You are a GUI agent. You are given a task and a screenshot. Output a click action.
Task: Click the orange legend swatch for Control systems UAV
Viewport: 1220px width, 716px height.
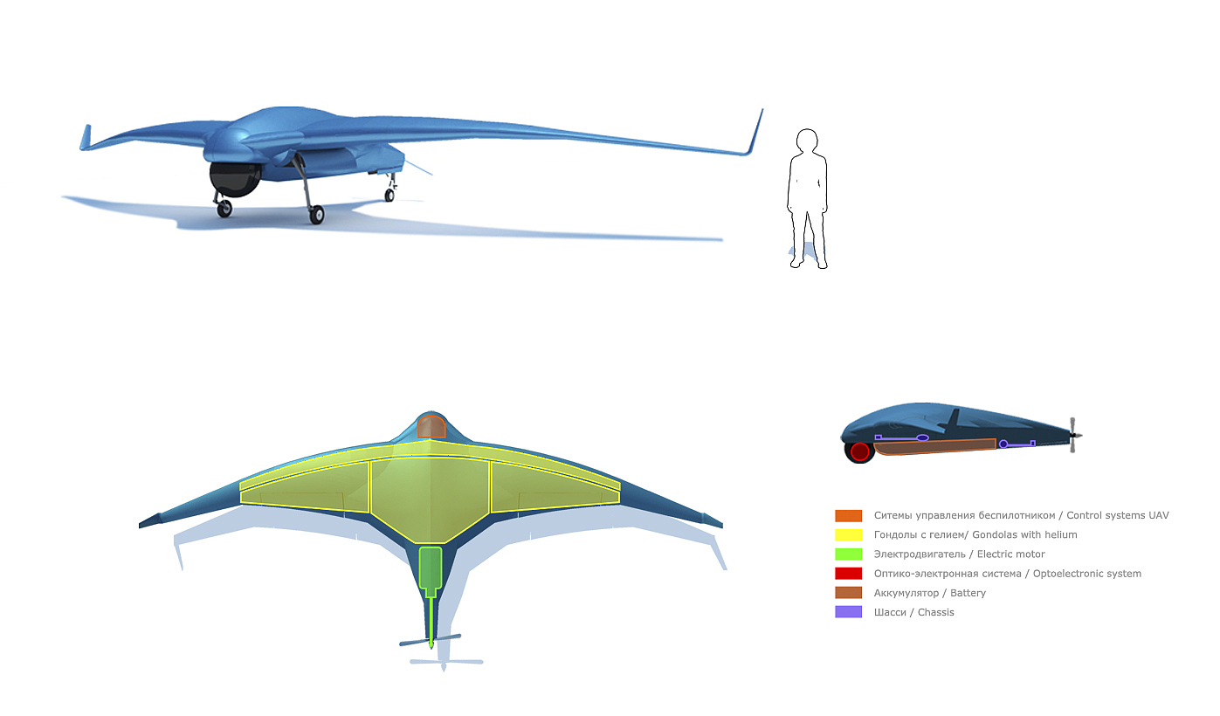(x=848, y=516)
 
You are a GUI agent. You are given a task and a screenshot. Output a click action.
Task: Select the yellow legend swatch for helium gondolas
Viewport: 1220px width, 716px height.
(x=848, y=535)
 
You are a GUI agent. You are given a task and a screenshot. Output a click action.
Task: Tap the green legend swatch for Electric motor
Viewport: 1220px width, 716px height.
(x=848, y=554)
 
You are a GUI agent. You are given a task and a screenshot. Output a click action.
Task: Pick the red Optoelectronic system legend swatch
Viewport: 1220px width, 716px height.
(x=848, y=574)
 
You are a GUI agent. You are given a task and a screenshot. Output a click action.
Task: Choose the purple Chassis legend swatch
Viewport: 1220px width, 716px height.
(x=848, y=612)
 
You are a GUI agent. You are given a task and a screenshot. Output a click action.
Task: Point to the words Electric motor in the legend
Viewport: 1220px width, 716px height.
(x=1010, y=554)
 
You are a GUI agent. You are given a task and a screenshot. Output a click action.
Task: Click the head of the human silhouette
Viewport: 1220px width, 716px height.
(x=806, y=141)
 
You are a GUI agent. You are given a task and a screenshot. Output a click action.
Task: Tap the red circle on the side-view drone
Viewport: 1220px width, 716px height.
(x=860, y=451)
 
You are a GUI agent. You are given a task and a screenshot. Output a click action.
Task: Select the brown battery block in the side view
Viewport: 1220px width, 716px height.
(x=934, y=447)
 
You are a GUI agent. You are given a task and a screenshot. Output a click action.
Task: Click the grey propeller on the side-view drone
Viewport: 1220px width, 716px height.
(x=1075, y=434)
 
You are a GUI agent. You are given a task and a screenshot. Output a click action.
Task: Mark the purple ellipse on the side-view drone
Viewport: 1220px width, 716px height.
(x=922, y=437)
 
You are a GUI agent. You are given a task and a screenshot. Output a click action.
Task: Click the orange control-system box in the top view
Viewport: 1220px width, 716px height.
(x=431, y=427)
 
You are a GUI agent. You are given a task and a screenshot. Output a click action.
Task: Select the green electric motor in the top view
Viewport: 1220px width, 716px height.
(x=431, y=568)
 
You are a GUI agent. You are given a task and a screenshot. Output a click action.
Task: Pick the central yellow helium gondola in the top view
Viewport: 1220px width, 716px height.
(x=430, y=493)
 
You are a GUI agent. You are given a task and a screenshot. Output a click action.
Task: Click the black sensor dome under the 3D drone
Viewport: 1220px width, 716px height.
(x=233, y=178)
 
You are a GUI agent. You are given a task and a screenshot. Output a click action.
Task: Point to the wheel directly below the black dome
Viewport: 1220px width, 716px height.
(x=224, y=208)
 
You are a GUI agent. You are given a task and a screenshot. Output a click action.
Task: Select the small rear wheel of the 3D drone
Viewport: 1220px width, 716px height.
(x=389, y=195)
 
